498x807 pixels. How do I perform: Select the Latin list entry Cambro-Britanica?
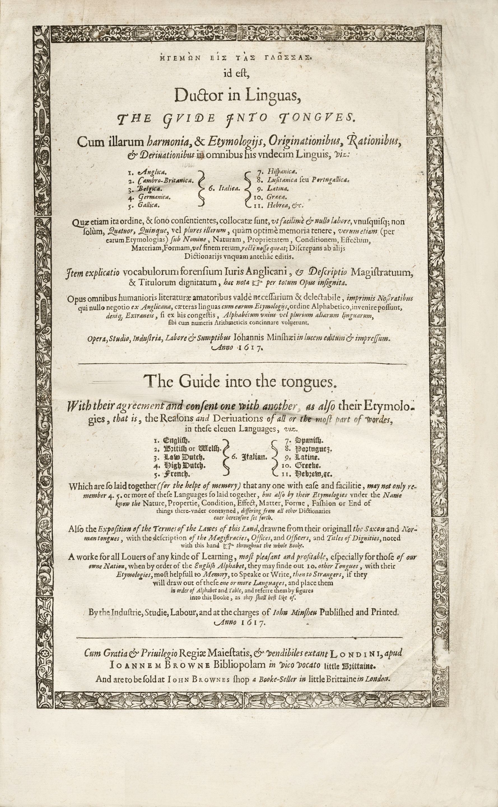click(x=167, y=180)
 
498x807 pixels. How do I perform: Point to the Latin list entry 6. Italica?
click(x=223, y=189)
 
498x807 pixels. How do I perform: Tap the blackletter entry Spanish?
click(x=309, y=440)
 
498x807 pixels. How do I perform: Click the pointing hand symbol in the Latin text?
click(x=256, y=283)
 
